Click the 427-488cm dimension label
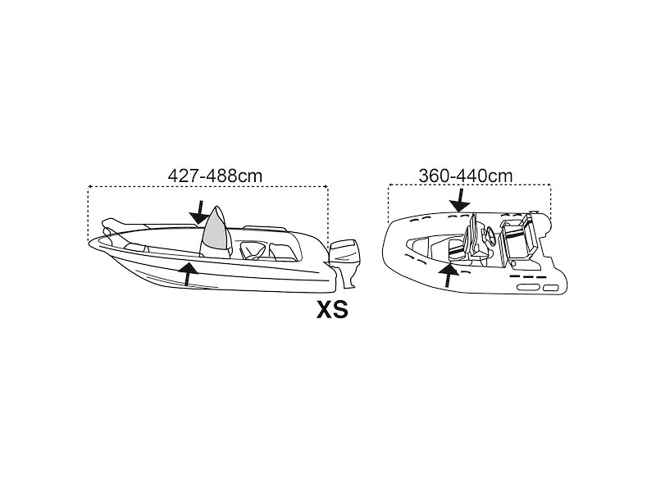(x=215, y=175)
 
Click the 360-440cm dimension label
(x=466, y=175)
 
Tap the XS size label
(x=332, y=310)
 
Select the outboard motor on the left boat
(x=344, y=262)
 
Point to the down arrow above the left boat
(x=199, y=212)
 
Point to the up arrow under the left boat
(x=189, y=274)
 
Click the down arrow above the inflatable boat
(x=460, y=200)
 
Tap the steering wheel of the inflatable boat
(x=489, y=236)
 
